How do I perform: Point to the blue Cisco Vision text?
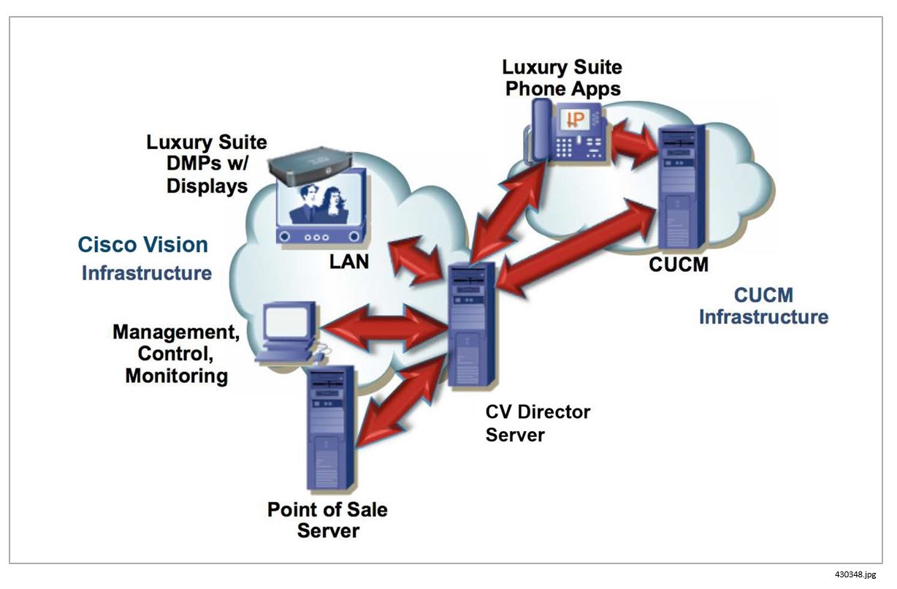(143, 245)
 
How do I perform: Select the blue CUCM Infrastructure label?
(763, 306)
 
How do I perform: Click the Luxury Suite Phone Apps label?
(562, 78)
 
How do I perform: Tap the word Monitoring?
(176, 376)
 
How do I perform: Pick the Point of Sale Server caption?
(327, 520)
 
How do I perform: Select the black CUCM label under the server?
(679, 265)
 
